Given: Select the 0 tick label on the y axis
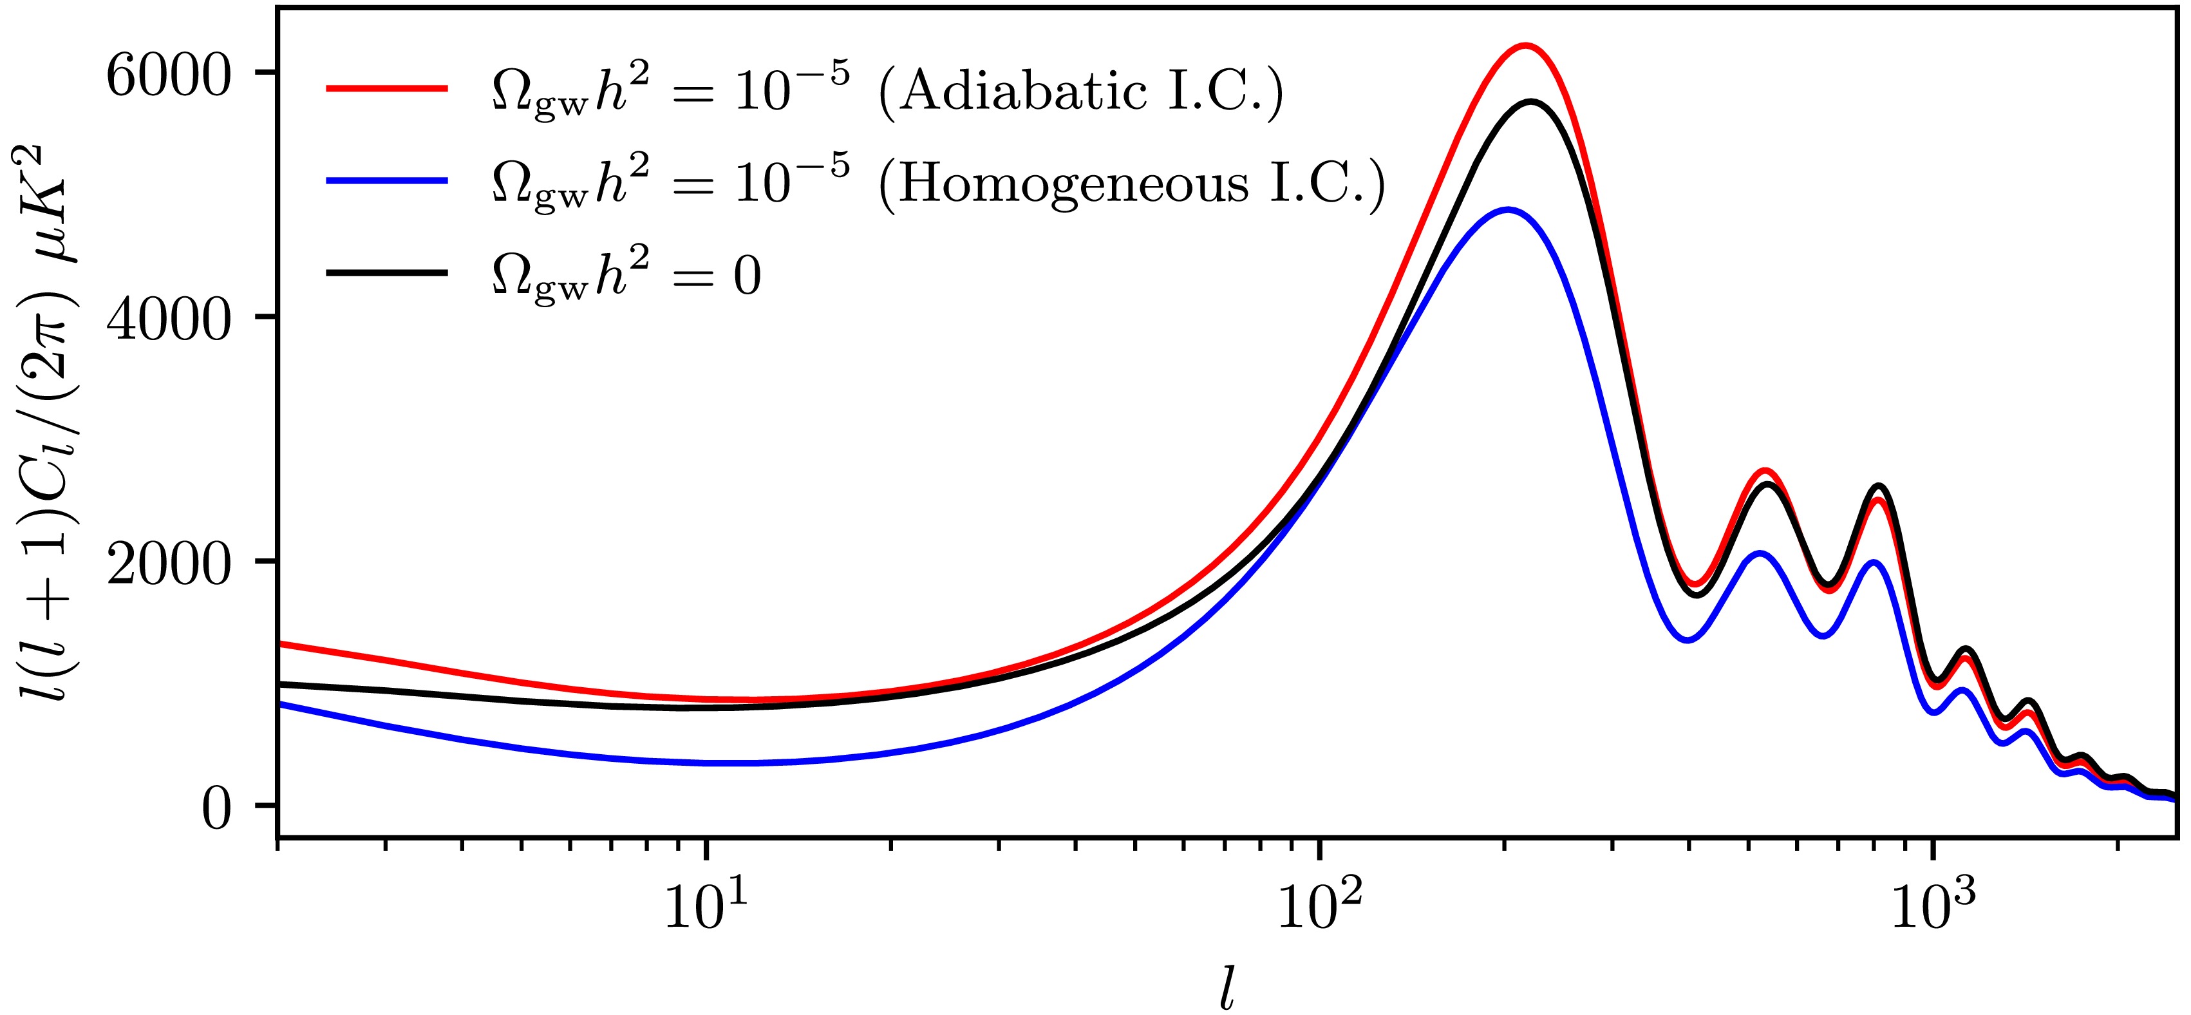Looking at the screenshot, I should coord(216,809).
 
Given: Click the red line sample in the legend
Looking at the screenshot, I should coord(387,88).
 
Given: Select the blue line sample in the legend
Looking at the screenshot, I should coord(387,180).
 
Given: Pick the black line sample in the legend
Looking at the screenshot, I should coord(387,272).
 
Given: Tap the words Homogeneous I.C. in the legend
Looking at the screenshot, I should coord(1131,182).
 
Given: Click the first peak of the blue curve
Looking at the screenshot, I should coord(1507,209).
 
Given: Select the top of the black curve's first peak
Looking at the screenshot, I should coord(1531,102).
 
